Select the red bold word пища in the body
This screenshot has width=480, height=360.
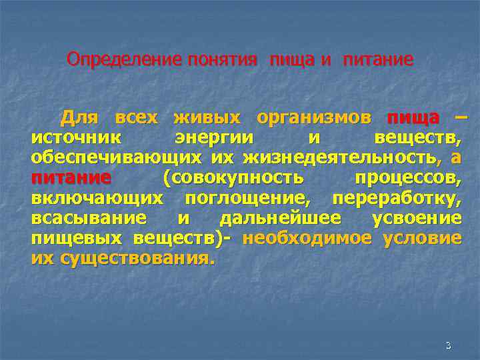click(413, 119)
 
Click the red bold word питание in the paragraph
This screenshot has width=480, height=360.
click(70, 179)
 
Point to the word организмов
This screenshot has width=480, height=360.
click(314, 119)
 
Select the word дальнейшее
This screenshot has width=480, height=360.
click(281, 219)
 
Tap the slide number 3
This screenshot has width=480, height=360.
click(448, 345)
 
